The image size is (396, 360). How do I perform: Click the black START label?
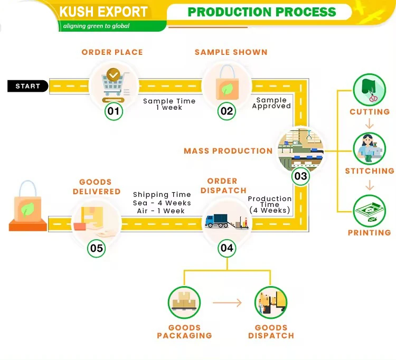[x=27, y=86]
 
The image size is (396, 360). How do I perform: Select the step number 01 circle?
[x=114, y=111]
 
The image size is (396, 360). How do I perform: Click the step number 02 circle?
[x=227, y=111]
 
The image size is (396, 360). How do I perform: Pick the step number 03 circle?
[x=300, y=175]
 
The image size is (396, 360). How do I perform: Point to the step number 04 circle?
[x=227, y=247]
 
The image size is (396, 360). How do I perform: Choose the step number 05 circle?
[x=97, y=248]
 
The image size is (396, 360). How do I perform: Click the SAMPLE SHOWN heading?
[x=231, y=52]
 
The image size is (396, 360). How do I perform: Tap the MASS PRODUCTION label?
[x=228, y=151]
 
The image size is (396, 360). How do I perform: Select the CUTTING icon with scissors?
[x=370, y=89]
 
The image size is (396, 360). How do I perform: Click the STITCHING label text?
[x=370, y=171]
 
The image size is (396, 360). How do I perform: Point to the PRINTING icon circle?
[x=370, y=212]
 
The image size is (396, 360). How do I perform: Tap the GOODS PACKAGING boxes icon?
[x=184, y=302]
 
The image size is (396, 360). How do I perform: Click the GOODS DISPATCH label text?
[x=271, y=331]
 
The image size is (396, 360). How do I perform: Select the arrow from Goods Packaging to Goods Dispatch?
[x=227, y=302]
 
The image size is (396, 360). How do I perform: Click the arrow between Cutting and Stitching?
[x=370, y=125]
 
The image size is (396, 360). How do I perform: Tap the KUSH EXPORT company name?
[x=103, y=12]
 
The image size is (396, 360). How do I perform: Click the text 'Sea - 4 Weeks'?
[x=162, y=203]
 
